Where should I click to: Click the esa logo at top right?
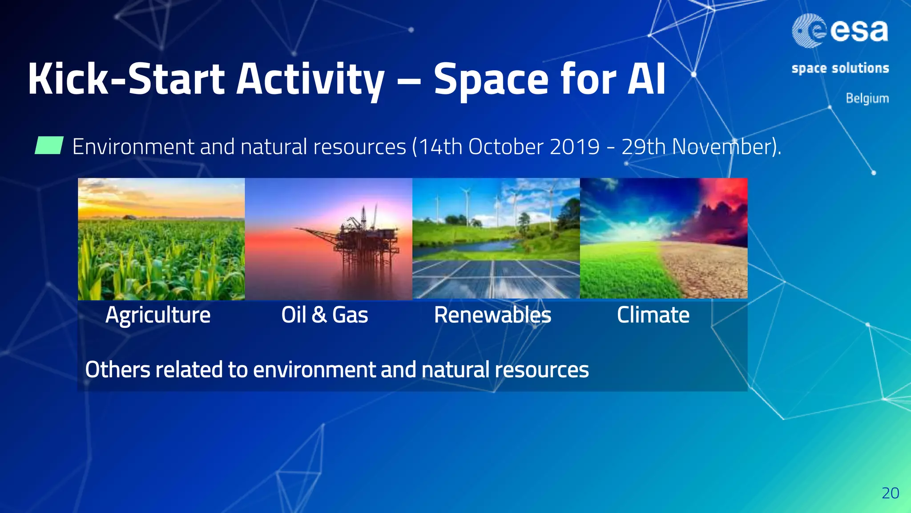tap(840, 30)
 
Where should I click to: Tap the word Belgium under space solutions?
tap(867, 98)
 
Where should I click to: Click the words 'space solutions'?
tap(840, 68)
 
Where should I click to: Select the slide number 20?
tap(890, 493)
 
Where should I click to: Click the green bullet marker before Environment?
tap(49, 146)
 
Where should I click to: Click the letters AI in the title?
tap(646, 79)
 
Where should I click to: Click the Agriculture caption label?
tap(158, 315)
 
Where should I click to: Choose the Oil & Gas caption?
tap(324, 315)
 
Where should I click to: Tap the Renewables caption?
tap(492, 315)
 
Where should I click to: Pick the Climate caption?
tap(653, 315)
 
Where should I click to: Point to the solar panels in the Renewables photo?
tap(494, 278)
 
